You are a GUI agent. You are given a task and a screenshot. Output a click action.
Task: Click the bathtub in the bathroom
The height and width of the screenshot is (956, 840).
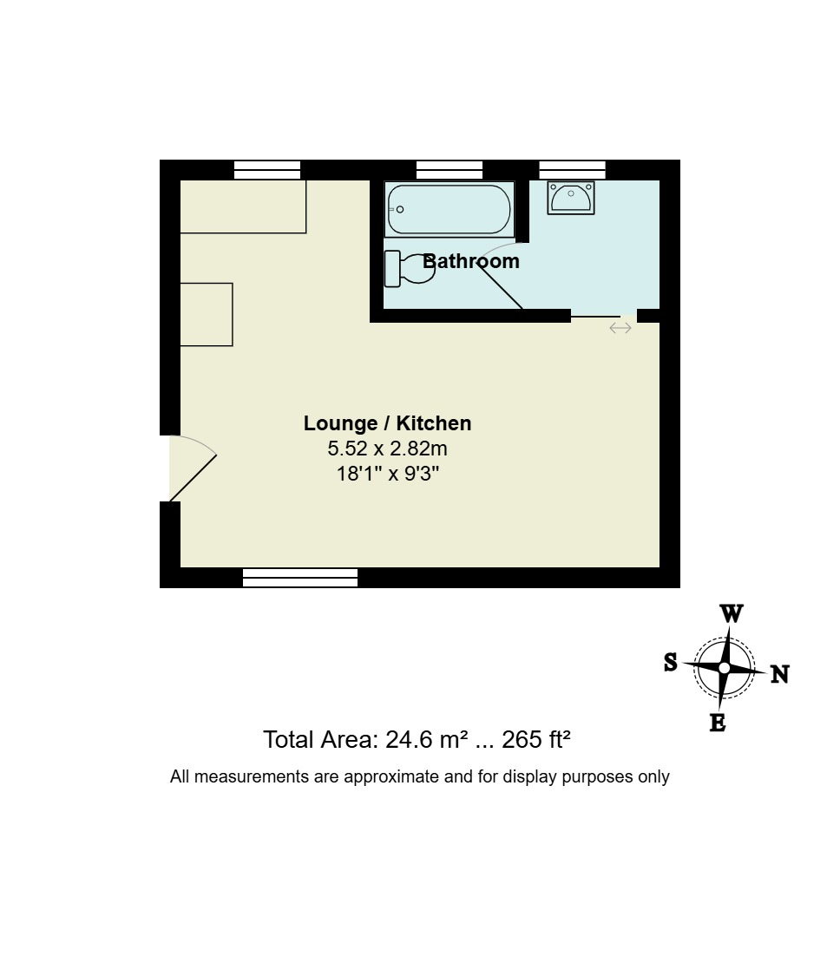449,209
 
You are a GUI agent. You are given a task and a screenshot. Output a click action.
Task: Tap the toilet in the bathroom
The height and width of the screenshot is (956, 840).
410,268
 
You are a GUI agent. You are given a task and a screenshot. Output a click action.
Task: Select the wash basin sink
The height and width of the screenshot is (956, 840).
571,197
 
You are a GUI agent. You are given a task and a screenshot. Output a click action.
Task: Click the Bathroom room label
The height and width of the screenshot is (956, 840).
471,261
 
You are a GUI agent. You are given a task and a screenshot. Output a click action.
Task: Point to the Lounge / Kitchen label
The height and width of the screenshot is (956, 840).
387,423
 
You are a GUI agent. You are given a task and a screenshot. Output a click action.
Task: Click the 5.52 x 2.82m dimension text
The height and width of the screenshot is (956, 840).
387,449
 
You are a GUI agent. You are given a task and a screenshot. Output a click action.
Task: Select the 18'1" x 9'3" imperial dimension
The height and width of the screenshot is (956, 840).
388,474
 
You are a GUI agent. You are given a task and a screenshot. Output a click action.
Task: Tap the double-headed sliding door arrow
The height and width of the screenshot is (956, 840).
620,328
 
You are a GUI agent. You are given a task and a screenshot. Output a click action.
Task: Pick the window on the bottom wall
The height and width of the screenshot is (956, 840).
300,578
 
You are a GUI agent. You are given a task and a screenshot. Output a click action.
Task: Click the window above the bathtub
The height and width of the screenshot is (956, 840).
450,170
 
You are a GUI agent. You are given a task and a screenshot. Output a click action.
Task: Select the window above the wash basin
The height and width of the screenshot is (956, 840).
572,170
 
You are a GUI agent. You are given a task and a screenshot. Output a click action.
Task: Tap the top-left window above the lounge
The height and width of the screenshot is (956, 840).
267,170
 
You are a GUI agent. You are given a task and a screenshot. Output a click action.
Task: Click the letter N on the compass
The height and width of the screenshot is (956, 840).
779,674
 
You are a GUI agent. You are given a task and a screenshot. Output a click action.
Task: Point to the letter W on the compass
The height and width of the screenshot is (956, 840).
732,613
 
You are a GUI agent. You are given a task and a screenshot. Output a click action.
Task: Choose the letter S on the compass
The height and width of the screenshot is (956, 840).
671,662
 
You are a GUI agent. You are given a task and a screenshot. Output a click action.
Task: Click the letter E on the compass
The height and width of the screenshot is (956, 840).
718,723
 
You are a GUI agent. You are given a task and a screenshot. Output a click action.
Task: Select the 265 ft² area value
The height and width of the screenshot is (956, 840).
536,740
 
